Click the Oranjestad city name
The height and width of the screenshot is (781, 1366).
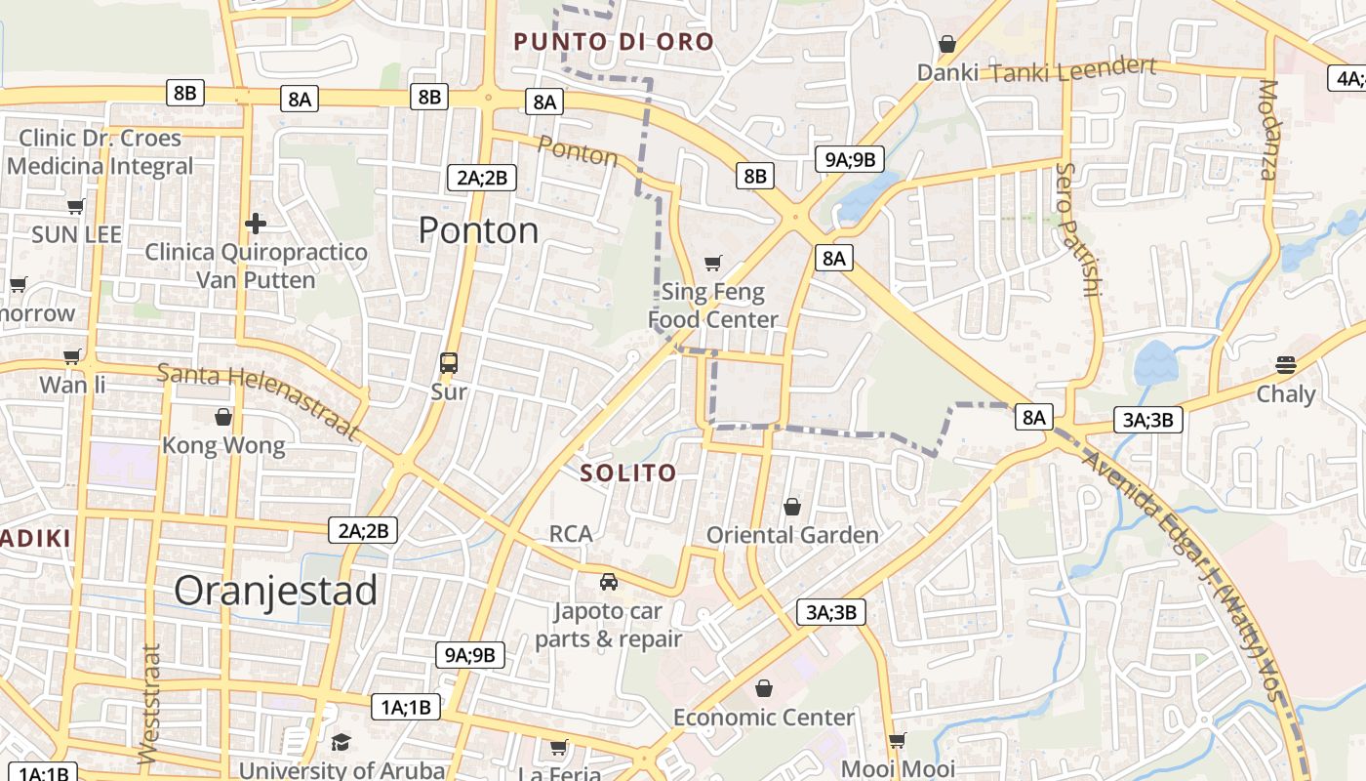275,591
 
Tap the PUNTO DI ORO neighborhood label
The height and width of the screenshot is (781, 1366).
614,42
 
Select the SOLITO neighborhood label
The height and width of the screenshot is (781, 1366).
628,473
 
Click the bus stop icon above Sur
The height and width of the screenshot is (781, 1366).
449,363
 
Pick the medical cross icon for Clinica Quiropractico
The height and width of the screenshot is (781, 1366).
256,224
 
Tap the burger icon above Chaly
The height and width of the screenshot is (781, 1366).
1285,365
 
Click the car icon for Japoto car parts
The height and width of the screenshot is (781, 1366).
609,582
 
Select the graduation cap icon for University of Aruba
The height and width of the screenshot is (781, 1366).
340,743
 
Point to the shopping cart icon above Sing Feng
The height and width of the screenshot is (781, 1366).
713,262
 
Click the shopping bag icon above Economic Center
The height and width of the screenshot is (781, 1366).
764,688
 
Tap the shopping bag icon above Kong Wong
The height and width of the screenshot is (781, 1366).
223,417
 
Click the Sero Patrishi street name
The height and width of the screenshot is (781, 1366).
1078,229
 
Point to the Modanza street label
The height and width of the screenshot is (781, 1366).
1268,130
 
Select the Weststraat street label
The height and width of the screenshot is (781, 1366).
148,703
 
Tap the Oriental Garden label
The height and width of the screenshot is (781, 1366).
792,535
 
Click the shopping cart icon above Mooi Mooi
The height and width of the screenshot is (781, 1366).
898,740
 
